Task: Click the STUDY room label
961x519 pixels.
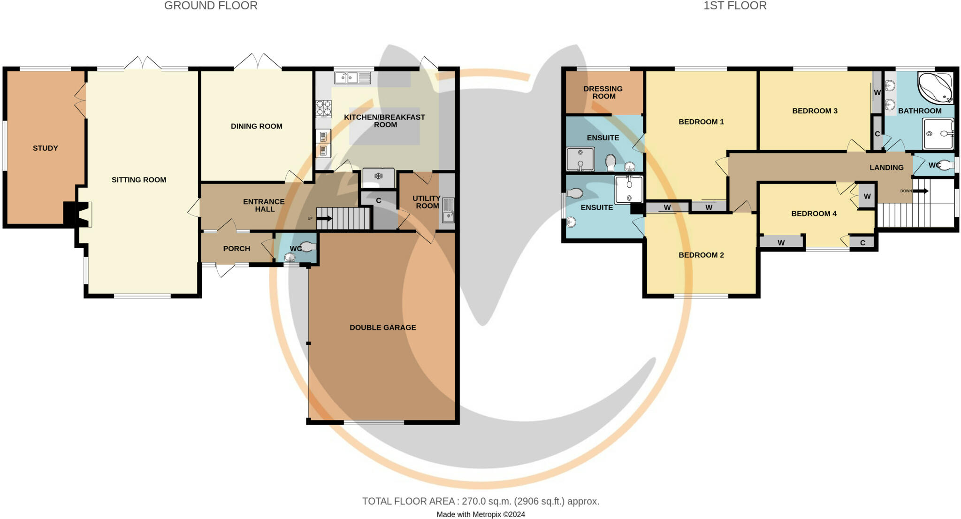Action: pyautogui.click(x=46, y=148)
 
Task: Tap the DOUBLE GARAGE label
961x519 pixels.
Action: pyautogui.click(x=382, y=328)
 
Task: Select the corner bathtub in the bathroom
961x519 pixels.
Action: pyautogui.click(x=935, y=88)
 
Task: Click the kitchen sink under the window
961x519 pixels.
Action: pyautogui.click(x=352, y=77)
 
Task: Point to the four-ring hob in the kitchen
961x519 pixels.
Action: pyautogui.click(x=323, y=108)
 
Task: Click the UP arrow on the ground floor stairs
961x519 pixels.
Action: pyautogui.click(x=325, y=219)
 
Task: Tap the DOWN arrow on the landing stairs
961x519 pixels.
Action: pyautogui.click(x=920, y=191)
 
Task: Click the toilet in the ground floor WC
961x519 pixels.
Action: pyautogui.click(x=307, y=246)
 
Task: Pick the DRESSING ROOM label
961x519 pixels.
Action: pyautogui.click(x=603, y=92)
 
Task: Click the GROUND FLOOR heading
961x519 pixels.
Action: pyautogui.click(x=211, y=6)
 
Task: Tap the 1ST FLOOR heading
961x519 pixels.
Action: pyautogui.click(x=735, y=6)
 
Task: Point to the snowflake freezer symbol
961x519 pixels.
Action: pyautogui.click(x=378, y=176)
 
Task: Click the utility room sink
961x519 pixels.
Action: pyautogui.click(x=448, y=211)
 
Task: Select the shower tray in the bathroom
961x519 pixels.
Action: pyautogui.click(x=938, y=134)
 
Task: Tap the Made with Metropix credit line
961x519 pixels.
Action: pyautogui.click(x=480, y=514)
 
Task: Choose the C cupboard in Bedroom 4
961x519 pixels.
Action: pyautogui.click(x=862, y=243)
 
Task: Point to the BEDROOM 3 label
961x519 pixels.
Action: pyautogui.click(x=815, y=111)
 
